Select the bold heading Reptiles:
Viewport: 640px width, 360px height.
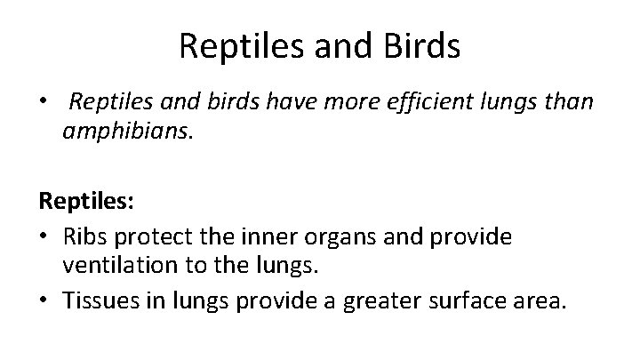86,203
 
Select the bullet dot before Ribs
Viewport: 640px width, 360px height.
44,235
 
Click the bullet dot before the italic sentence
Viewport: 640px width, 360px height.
44,101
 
